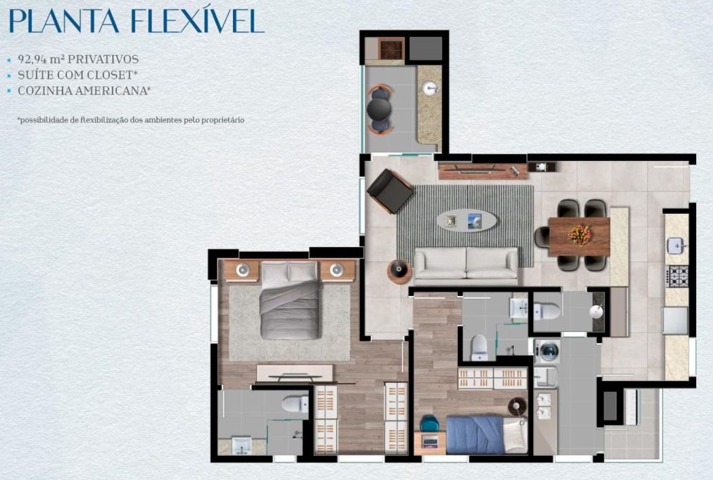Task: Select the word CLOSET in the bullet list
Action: [x=114, y=75]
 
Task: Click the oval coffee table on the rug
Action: [x=467, y=221]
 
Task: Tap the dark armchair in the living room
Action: [x=390, y=191]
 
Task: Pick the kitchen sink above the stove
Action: [x=677, y=246]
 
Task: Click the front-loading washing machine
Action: [x=547, y=351]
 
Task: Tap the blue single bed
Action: [x=486, y=435]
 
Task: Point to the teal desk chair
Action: [x=428, y=424]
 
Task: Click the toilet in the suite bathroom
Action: [x=295, y=404]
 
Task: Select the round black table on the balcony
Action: [x=379, y=109]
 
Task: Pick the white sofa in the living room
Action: [x=466, y=263]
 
